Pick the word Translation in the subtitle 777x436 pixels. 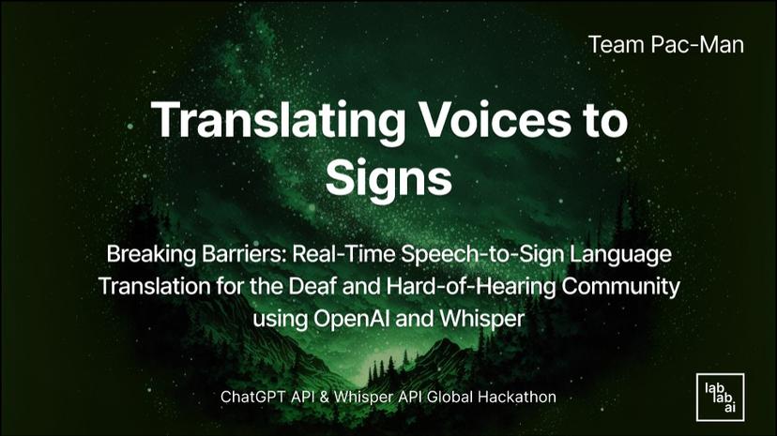tap(150, 285)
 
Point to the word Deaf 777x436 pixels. tap(296, 285)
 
